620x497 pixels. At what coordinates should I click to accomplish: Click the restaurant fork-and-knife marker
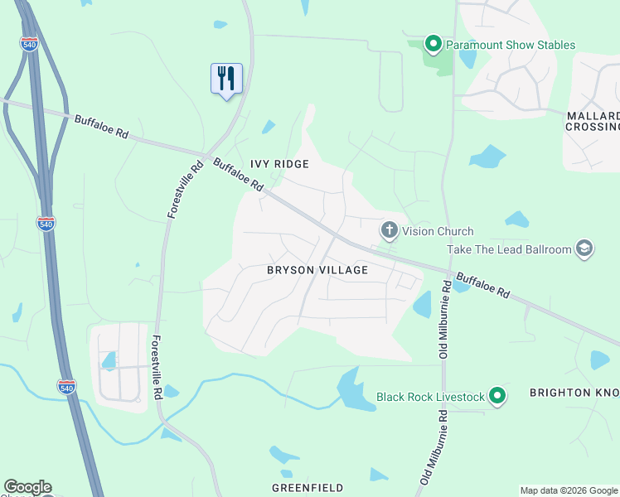coord(226,79)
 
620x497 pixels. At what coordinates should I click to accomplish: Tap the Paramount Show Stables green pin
coord(432,43)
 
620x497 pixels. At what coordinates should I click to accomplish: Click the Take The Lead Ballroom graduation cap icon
coord(584,248)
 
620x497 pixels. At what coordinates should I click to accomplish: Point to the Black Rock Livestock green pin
coord(497,397)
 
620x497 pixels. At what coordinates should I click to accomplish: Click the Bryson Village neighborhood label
coord(317,270)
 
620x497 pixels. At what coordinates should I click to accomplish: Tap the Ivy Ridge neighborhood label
coord(280,164)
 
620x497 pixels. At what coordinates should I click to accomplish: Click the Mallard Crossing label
coord(592,121)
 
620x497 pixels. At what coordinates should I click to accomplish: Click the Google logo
coord(27,487)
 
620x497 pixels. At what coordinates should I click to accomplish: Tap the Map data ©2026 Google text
coord(568,490)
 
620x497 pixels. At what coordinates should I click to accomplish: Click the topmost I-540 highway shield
coord(29,43)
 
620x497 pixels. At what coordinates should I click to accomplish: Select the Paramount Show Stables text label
coord(510,45)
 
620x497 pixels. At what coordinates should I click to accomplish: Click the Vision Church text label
coord(438,231)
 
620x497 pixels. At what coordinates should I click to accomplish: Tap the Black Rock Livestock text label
coord(430,397)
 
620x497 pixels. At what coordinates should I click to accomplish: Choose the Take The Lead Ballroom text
coord(509,249)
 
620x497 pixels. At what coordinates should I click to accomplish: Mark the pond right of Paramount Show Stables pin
coord(467,58)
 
